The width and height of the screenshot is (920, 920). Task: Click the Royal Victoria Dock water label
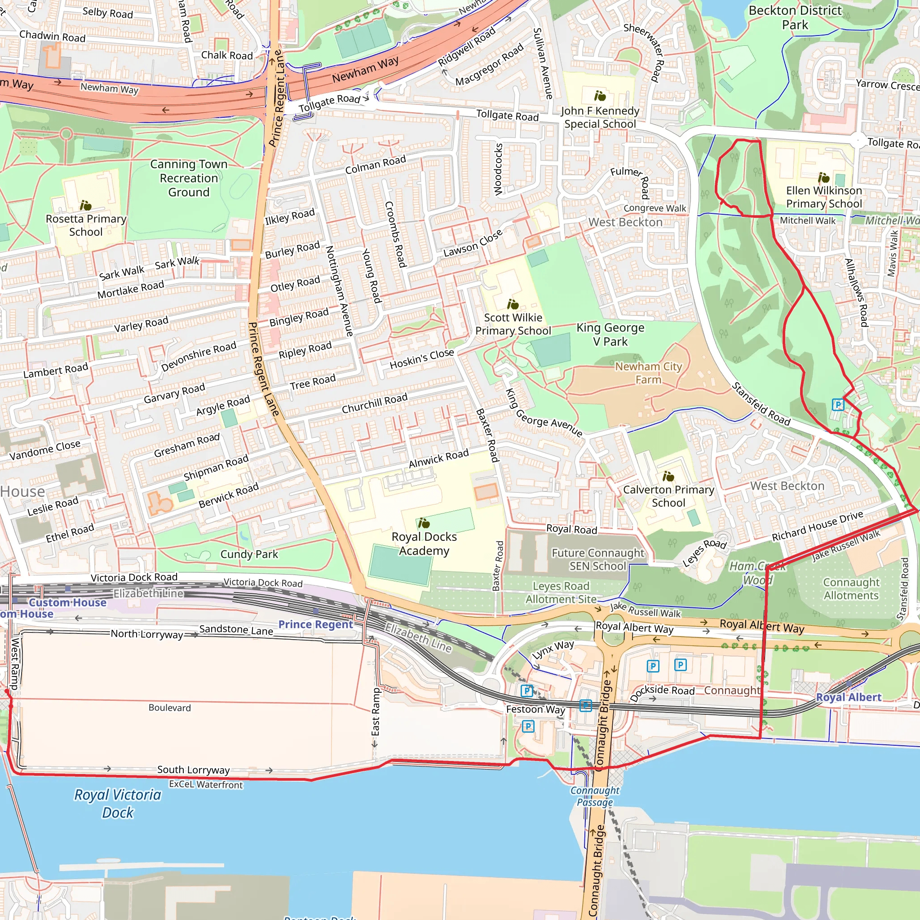118,803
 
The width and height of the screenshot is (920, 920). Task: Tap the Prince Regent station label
315,624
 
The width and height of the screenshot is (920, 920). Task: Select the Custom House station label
68,602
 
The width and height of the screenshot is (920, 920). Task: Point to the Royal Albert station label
849,697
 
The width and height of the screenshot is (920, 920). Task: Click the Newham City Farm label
648,373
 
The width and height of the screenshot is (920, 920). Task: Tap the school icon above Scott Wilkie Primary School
513,304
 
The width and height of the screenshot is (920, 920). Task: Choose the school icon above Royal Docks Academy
424,523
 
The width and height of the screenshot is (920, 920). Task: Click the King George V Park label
610,334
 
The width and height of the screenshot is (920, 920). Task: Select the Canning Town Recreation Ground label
189,178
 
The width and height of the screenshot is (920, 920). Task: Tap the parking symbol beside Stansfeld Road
838,405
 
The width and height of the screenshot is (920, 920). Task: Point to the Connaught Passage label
595,796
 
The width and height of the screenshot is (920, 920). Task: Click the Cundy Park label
249,554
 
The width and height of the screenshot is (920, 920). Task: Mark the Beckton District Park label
795,18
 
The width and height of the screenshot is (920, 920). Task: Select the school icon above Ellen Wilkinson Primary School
824,178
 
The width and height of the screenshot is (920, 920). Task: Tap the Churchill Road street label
375,403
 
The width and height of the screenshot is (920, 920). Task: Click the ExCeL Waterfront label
206,784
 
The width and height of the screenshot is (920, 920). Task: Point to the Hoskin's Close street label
421,359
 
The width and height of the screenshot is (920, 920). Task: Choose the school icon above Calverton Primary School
668,476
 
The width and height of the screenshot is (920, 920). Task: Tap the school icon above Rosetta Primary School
86,205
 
